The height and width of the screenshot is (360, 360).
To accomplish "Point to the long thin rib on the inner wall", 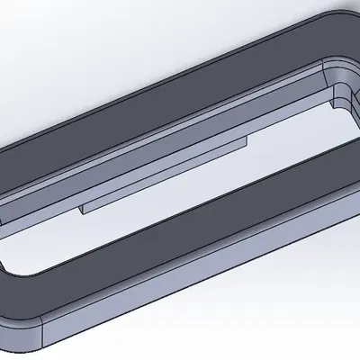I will point(162,175).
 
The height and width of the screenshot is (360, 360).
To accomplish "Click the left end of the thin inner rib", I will point(84,209).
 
